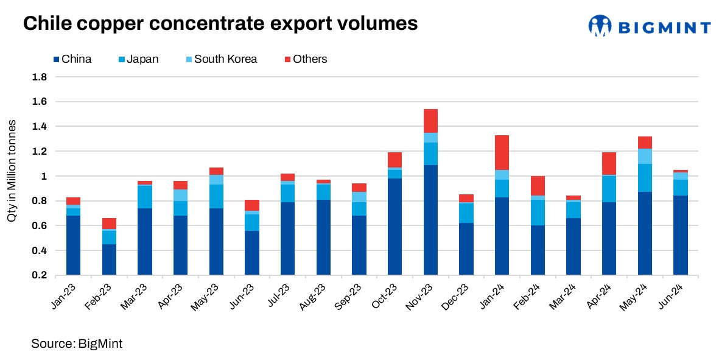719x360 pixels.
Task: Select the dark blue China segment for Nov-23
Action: pos(430,219)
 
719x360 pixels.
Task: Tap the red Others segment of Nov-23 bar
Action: pos(430,121)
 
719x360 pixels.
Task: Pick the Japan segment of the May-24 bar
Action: pos(645,178)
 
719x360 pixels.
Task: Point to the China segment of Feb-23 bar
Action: pos(109,259)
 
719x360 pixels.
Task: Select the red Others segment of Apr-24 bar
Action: pos(609,163)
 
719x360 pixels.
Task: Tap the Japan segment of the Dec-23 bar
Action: pos(466,213)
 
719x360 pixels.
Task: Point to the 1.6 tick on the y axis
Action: pos(40,102)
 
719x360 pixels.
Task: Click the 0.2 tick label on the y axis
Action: pos(40,275)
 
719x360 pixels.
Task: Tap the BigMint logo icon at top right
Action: pos(599,26)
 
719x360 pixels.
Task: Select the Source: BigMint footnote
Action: pos(77,344)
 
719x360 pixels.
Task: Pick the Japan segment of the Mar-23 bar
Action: pos(145,197)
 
